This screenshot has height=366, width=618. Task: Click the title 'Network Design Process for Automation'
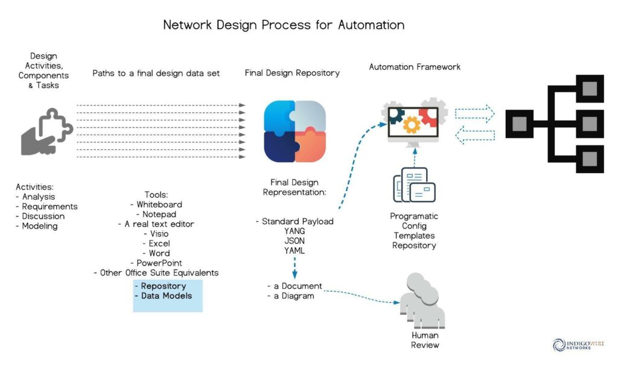(x=284, y=25)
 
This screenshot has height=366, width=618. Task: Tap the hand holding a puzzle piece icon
(x=46, y=131)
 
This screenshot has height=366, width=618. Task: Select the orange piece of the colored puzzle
(x=311, y=146)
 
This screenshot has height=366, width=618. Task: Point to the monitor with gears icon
(x=414, y=122)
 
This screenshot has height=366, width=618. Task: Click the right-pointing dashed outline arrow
(x=475, y=113)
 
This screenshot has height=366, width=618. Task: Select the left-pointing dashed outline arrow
(x=475, y=135)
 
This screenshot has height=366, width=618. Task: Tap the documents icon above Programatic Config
(x=414, y=185)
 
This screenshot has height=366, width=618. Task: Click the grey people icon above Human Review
(x=422, y=301)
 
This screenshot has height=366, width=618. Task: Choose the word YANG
(x=295, y=232)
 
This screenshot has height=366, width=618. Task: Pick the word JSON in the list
(x=295, y=241)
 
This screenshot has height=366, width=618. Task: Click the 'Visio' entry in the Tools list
(x=159, y=233)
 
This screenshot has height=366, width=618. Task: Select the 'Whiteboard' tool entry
(x=159, y=204)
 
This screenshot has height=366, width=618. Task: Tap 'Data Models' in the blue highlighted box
(x=167, y=296)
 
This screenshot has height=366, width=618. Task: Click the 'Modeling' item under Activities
(x=40, y=226)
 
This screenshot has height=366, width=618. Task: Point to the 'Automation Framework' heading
(x=415, y=67)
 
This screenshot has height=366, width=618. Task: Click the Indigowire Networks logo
(x=578, y=345)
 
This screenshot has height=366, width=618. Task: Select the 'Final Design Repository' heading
(x=292, y=73)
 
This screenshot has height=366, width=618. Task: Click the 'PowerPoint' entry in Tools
(x=159, y=263)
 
